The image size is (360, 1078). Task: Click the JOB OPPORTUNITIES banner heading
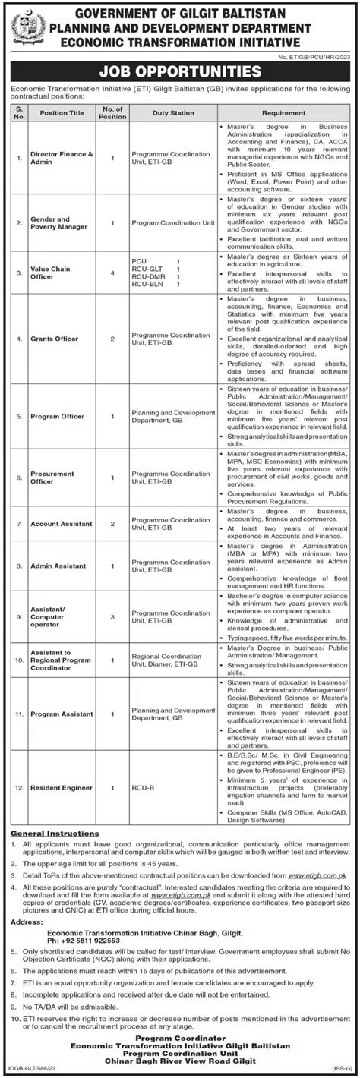pos(180,73)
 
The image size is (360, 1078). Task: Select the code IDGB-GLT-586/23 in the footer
pos(31,1069)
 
